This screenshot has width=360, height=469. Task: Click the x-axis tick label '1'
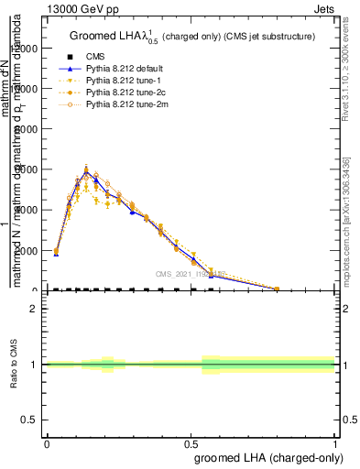click(x=334, y=442)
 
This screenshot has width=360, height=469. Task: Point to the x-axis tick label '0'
click(x=47, y=442)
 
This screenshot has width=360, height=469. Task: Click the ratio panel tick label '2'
click(x=33, y=309)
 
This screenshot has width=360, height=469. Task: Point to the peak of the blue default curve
click(x=86, y=171)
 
